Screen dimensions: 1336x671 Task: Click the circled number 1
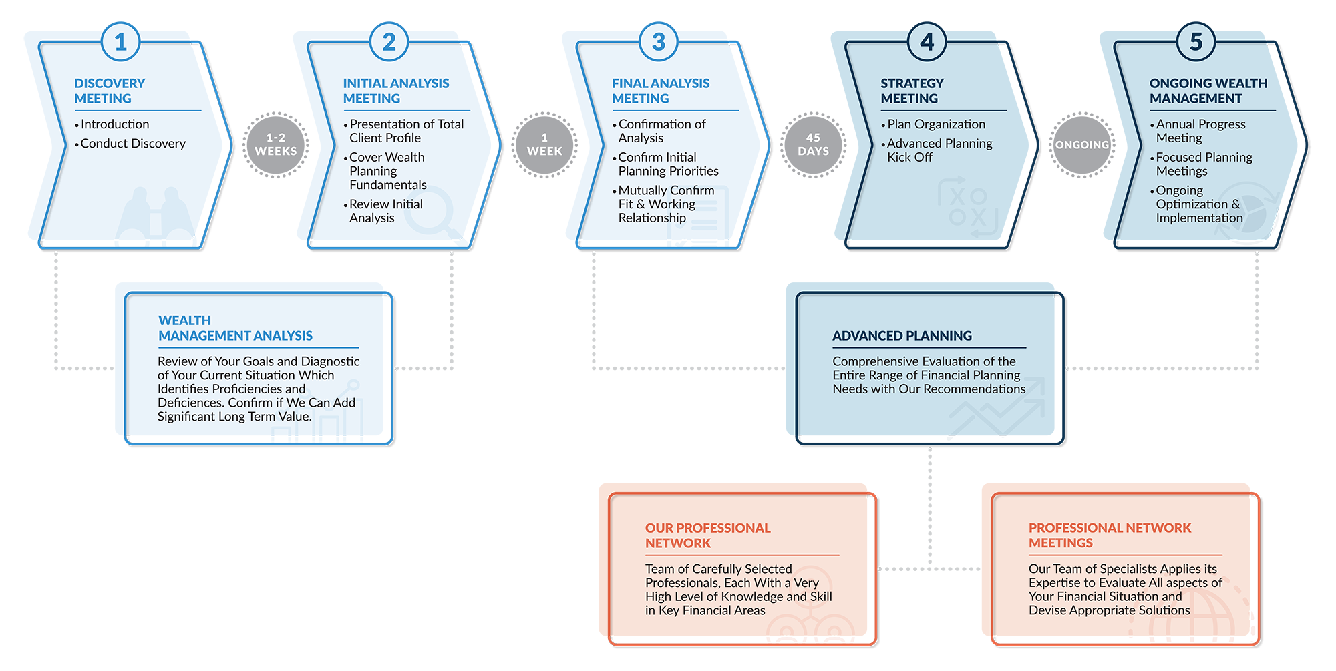tap(120, 42)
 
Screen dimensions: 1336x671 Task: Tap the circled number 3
tap(659, 42)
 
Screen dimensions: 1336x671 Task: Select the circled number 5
tap(1196, 42)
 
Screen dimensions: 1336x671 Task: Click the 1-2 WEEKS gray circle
tap(275, 145)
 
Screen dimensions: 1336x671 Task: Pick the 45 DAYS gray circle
tap(813, 145)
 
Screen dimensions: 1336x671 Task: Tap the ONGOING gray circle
tap(1082, 145)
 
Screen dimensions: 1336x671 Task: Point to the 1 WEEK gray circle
tap(544, 145)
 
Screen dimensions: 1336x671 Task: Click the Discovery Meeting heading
tap(110, 91)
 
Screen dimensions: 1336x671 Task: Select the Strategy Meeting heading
tap(912, 91)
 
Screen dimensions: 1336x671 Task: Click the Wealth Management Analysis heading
tap(235, 328)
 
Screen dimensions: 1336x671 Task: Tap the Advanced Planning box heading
tap(902, 336)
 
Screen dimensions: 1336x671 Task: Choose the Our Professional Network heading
tap(707, 535)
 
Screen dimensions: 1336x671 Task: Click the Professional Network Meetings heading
tap(1110, 535)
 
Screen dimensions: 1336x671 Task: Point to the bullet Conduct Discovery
tap(130, 144)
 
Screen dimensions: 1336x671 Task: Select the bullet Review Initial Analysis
tap(383, 211)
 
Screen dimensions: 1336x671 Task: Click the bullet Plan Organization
tap(933, 124)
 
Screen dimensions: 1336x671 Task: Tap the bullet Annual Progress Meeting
tap(1198, 131)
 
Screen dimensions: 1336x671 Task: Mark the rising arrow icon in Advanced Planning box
tap(997, 406)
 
